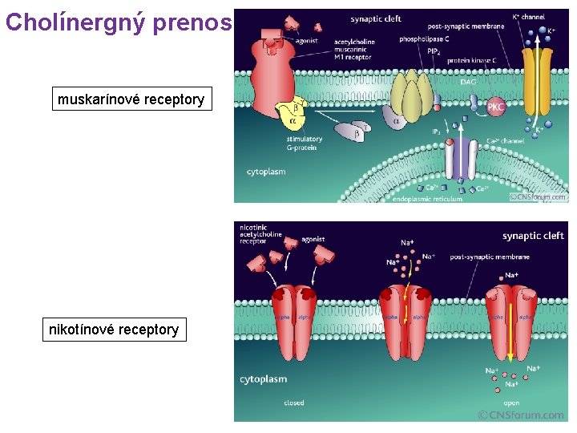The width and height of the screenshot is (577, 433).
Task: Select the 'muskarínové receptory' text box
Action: click(x=131, y=99)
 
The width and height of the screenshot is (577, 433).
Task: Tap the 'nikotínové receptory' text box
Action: click(x=114, y=329)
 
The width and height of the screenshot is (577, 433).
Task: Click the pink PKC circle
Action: click(x=497, y=107)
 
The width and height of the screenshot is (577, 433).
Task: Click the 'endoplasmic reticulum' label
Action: click(x=427, y=199)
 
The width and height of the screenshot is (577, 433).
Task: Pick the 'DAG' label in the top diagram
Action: click(x=467, y=81)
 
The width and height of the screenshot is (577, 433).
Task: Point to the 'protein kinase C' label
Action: click(x=472, y=60)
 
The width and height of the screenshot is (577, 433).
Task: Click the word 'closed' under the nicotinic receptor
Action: click(x=294, y=403)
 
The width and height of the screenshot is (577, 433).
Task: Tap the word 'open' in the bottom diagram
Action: click(x=511, y=403)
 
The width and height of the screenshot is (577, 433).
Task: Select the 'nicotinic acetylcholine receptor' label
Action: click(x=260, y=233)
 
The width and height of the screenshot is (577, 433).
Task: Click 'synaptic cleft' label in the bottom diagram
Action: click(x=533, y=236)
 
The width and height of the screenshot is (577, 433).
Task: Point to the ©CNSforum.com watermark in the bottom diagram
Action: click(x=520, y=415)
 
